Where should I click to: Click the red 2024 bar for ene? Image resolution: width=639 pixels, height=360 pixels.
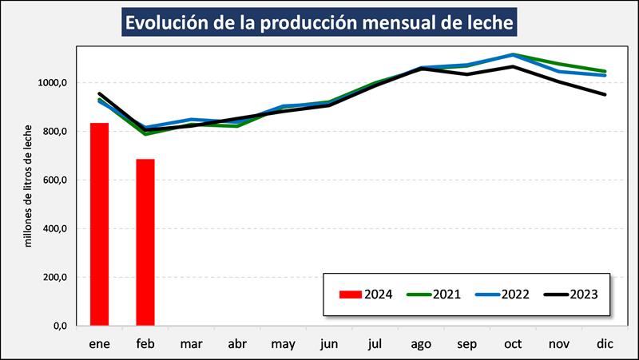(x=99, y=224)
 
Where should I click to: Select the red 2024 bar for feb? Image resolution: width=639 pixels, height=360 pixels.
(x=145, y=243)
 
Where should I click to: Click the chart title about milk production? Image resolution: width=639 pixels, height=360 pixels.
(x=319, y=22)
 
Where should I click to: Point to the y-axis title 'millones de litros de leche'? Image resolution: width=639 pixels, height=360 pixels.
(x=29, y=185)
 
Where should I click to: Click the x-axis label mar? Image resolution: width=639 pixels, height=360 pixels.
(x=191, y=344)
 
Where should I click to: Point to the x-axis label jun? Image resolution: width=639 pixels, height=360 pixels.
(x=330, y=344)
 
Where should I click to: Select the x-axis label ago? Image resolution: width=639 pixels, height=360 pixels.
(x=423, y=344)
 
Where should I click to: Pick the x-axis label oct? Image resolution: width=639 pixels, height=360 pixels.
(x=514, y=344)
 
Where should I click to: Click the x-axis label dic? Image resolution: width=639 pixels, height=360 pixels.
(x=605, y=344)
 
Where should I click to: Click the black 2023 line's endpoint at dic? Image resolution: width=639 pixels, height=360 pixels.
(x=605, y=94)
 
